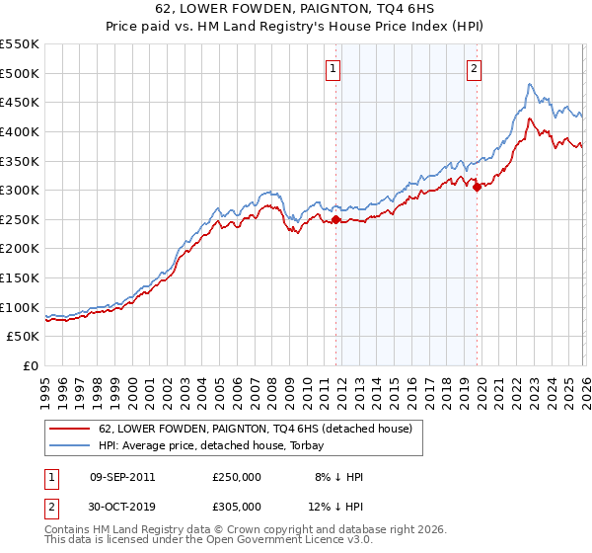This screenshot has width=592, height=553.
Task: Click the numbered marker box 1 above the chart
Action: click(x=333, y=68)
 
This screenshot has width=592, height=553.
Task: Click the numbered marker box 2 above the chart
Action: click(x=475, y=68)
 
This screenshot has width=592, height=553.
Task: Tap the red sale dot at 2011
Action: click(x=335, y=219)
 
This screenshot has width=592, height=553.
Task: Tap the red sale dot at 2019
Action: click(x=477, y=187)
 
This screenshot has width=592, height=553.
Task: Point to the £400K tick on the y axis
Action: click(x=20, y=131)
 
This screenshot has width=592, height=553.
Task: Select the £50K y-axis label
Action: click(x=24, y=337)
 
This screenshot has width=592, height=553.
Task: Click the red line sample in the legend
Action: click(x=69, y=429)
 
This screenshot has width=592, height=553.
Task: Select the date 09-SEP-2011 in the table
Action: click(x=121, y=477)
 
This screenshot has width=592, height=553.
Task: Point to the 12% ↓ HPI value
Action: click(x=333, y=506)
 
